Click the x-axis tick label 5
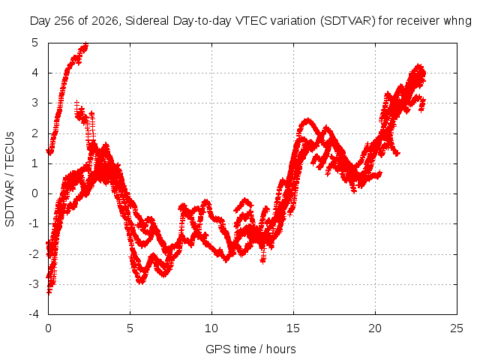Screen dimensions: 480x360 click(x=130, y=328)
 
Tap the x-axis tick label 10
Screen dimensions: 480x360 click(x=211, y=328)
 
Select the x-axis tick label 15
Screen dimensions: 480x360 click(x=293, y=328)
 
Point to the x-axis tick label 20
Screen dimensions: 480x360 click(x=375, y=328)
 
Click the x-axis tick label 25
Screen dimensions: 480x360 click(x=457, y=328)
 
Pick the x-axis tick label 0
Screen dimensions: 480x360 click(x=48, y=328)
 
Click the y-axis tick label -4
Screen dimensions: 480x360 click(x=34, y=314)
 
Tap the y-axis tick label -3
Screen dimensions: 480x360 click(x=34, y=284)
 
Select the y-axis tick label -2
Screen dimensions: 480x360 click(x=34, y=253)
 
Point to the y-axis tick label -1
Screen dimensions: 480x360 click(x=34, y=223)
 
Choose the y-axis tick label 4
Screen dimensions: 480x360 click(x=35, y=73)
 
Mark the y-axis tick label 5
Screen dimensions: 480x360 click(x=35, y=43)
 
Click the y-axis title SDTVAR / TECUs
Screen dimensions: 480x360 click(x=10, y=179)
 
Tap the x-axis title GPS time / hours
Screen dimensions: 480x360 click(x=250, y=349)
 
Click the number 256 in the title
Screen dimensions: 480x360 click(x=64, y=21)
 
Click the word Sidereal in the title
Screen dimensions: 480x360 click(x=147, y=21)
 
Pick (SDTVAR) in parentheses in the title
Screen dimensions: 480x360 click(x=348, y=21)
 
